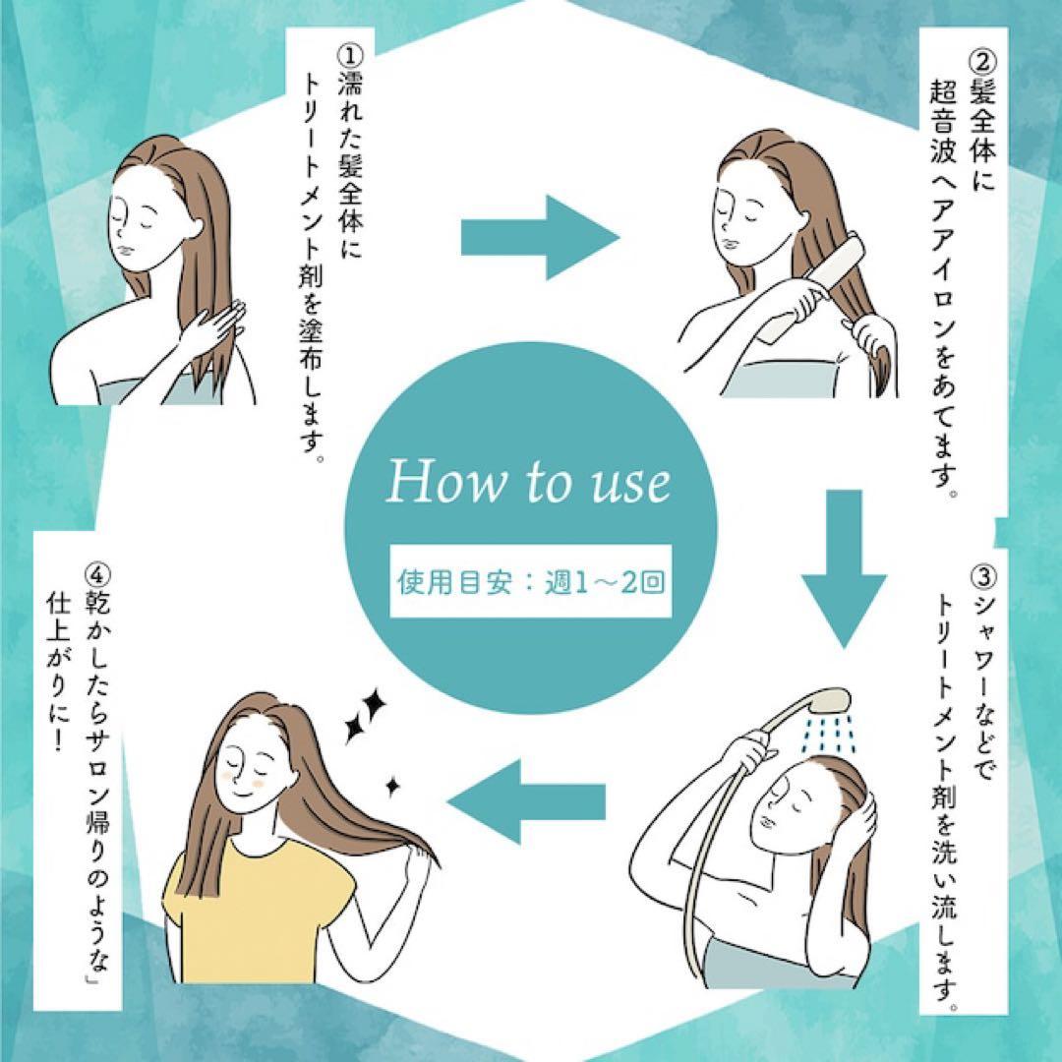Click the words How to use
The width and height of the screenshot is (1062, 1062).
point(528,483)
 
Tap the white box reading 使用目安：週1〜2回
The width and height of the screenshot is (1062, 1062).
point(531,581)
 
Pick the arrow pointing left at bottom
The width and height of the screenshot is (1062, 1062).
point(526,797)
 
